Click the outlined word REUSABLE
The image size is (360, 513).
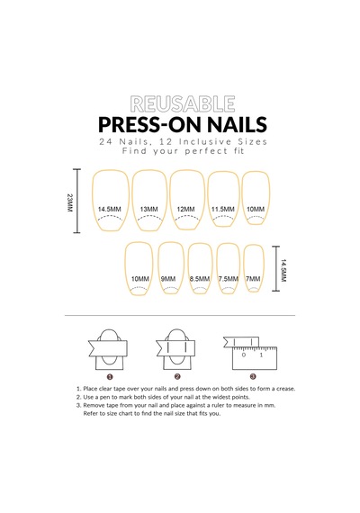183,104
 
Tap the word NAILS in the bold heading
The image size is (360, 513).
237,124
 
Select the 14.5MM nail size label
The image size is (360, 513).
110,210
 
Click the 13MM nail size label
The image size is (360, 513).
148,210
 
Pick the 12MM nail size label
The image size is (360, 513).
186,210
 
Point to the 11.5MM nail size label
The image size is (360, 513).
223,210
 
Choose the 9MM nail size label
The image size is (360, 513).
168,279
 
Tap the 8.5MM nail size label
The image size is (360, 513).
200,279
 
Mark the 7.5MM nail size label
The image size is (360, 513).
229,279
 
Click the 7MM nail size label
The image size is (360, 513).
253,279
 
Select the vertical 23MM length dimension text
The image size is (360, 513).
69,202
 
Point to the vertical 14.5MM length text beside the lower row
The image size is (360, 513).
283,271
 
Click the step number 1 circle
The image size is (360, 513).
110,377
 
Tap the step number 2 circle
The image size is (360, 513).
177,377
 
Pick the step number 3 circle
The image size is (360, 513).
253,377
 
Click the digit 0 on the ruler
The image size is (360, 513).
244,355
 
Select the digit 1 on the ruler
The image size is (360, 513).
261,355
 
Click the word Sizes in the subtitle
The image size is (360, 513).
252,142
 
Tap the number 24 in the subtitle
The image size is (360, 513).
106,142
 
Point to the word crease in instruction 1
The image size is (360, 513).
285,389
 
